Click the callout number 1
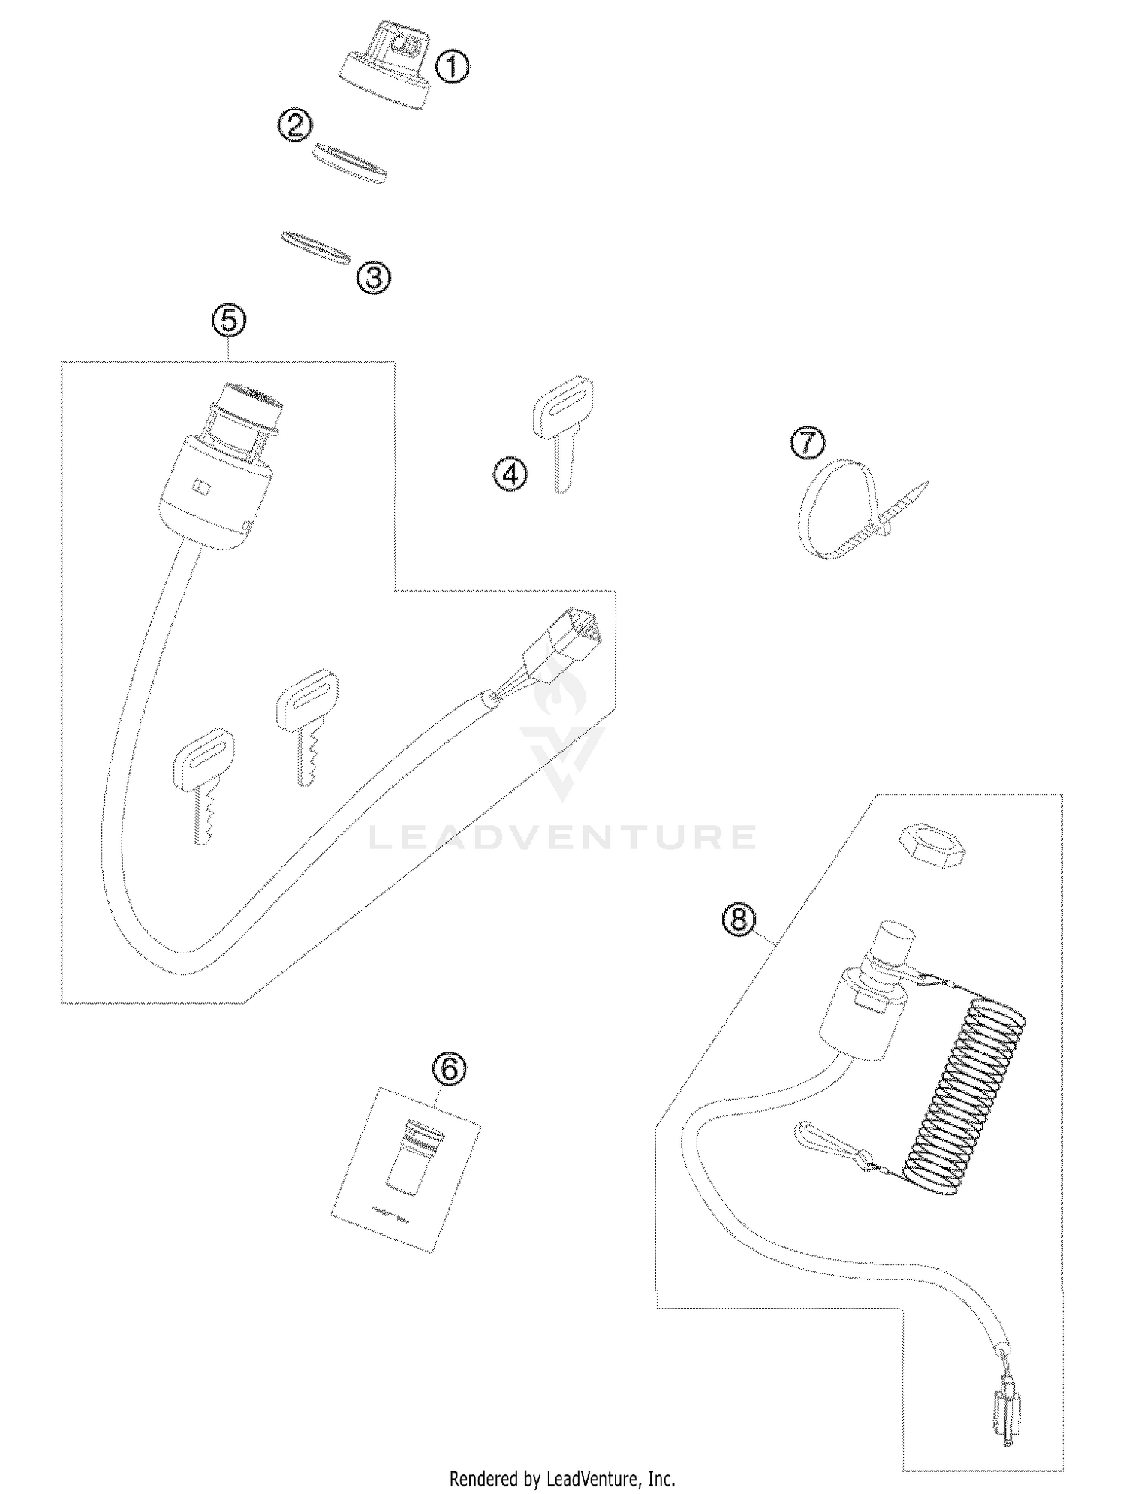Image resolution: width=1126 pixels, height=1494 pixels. [x=452, y=68]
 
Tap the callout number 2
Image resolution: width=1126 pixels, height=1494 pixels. [x=294, y=124]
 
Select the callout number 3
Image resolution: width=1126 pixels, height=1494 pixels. [x=373, y=278]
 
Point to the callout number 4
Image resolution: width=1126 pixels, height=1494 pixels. [x=510, y=474]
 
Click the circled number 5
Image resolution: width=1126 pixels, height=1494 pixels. [x=229, y=321]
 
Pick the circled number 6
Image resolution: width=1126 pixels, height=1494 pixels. [x=449, y=1068]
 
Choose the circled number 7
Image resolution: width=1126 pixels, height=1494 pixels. [x=807, y=443]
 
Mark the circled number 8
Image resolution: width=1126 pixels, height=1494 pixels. [x=739, y=918]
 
